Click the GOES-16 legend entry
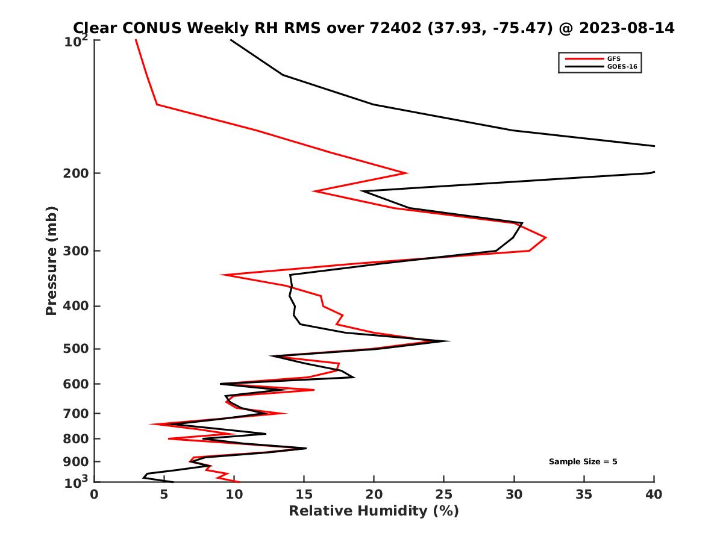coord(620,67)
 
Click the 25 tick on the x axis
coord(443,494)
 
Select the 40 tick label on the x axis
coord(654,494)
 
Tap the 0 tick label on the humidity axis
coord(95,494)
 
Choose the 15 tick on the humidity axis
coord(304,494)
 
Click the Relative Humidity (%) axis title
coord(374,511)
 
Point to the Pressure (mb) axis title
coord(51,261)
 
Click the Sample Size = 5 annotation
coord(583,462)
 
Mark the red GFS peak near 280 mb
coord(546,238)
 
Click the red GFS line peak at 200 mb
coord(407,173)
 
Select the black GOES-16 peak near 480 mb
coord(449,341)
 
